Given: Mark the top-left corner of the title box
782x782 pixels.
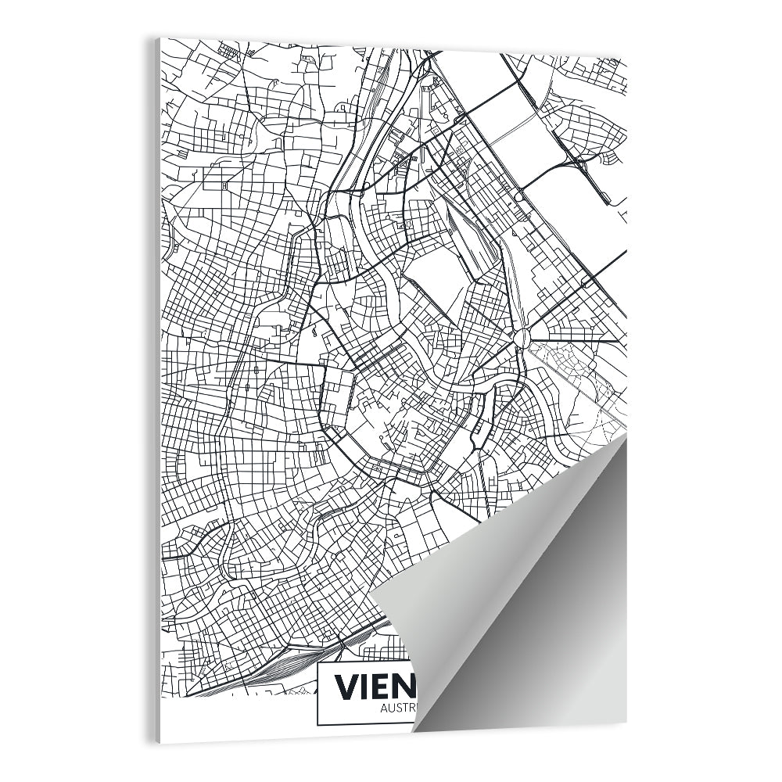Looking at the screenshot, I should click(x=317, y=664).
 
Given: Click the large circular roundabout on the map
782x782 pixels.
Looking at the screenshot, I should click(x=522, y=337).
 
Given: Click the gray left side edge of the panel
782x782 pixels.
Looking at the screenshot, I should click(x=157, y=391).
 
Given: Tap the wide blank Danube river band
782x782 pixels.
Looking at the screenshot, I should click(x=563, y=203).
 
